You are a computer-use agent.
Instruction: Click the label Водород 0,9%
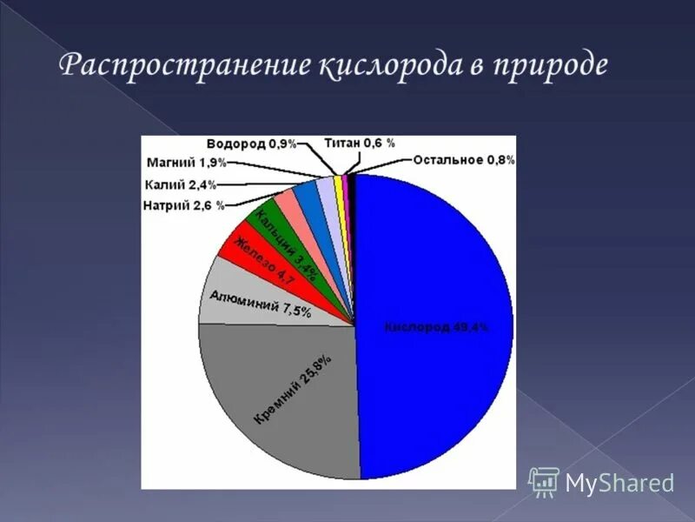pos(252,144)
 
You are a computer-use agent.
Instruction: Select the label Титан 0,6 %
pos(359,143)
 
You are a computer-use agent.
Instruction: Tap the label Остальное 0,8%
pos(464,159)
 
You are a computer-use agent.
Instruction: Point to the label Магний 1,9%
pos(187,163)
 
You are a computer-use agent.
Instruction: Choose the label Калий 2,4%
pos(180,184)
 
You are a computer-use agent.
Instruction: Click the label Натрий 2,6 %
pos(183,205)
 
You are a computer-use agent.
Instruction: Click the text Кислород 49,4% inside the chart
pos(436,327)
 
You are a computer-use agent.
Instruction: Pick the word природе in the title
pos(551,68)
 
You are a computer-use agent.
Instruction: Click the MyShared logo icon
pos(545,481)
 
